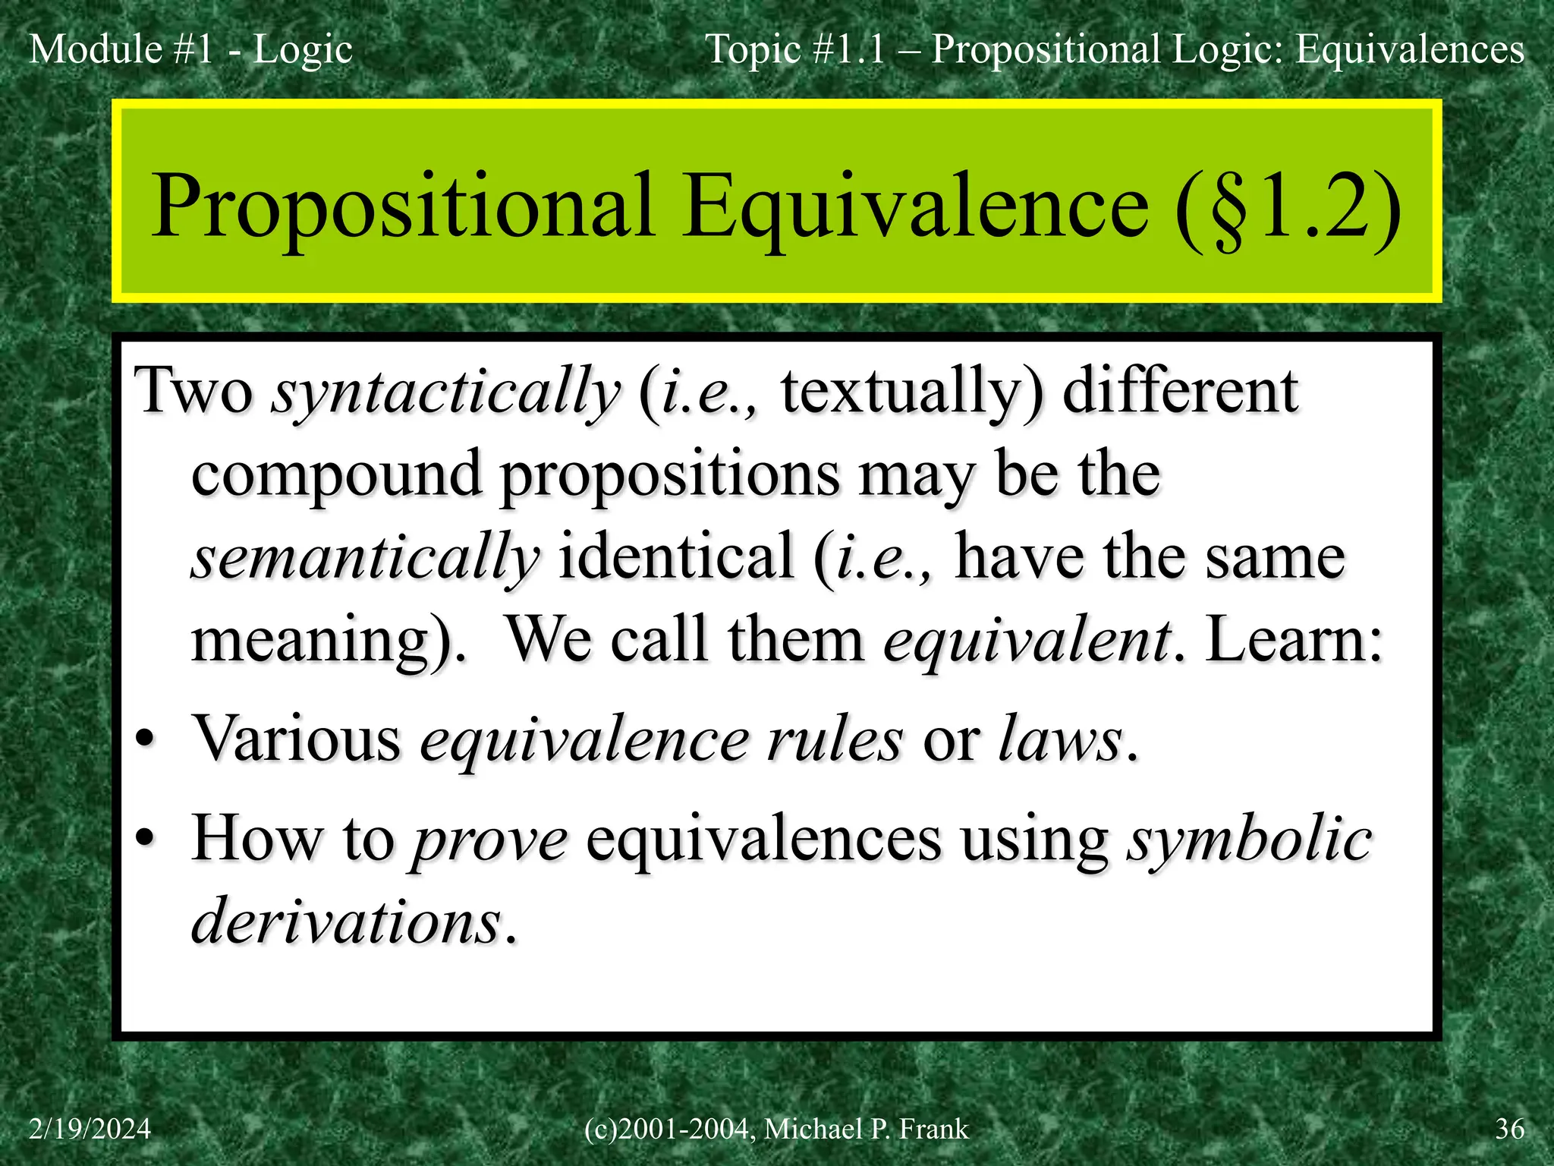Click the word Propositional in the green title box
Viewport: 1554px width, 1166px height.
point(403,208)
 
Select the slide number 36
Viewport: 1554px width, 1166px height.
point(1509,1129)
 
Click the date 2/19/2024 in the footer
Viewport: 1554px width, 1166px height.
point(90,1129)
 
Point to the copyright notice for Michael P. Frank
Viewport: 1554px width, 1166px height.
point(776,1129)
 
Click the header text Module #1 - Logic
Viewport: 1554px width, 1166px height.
point(190,50)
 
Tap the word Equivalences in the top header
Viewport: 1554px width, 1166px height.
point(1410,50)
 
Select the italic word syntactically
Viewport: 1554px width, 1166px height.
point(447,392)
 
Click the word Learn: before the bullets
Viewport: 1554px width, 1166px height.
point(1295,640)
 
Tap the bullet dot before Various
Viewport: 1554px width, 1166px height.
point(145,740)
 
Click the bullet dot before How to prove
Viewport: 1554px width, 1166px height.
point(145,840)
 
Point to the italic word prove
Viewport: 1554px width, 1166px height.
point(489,840)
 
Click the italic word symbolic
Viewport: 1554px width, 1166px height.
point(1249,840)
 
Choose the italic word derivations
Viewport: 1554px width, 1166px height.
point(346,922)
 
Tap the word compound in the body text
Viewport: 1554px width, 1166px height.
point(336,475)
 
